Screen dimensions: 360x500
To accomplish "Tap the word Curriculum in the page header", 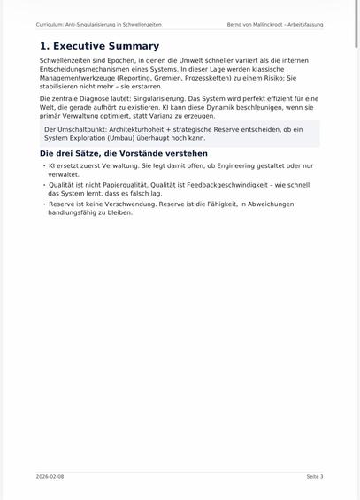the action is point(52,25).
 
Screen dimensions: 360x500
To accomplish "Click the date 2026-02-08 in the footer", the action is point(50,476).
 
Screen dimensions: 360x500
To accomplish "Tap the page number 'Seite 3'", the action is point(315,476).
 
